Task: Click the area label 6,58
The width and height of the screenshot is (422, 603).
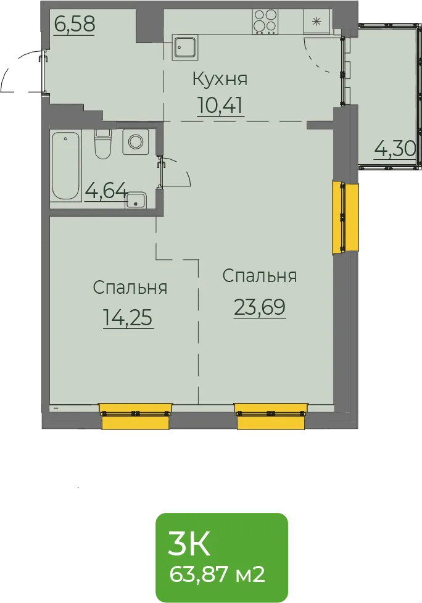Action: click(75, 24)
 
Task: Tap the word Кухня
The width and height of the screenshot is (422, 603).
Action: click(220, 79)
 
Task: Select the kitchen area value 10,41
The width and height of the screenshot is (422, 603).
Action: click(220, 105)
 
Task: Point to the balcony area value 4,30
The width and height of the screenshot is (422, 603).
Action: click(395, 149)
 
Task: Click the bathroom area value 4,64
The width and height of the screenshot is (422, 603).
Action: click(105, 190)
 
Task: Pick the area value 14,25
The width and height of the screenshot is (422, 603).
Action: click(128, 318)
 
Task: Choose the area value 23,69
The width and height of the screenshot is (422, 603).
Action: click(260, 307)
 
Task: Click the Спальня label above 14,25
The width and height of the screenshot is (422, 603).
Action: click(130, 288)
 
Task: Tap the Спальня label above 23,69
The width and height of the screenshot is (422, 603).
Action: click(260, 276)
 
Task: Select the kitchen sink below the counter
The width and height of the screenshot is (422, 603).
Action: click(185, 48)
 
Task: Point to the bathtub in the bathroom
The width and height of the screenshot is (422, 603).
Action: click(66, 166)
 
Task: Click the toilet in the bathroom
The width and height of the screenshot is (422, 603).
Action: click(102, 144)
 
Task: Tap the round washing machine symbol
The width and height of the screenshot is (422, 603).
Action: click(136, 141)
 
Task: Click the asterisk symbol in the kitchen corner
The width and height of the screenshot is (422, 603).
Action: click(316, 22)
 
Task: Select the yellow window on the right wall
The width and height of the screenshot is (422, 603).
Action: click(345, 218)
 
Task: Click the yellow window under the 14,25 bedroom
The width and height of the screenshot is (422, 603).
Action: click(136, 416)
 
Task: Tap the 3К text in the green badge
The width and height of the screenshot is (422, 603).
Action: click(189, 544)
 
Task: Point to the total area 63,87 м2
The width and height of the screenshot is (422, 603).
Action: click(217, 575)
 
